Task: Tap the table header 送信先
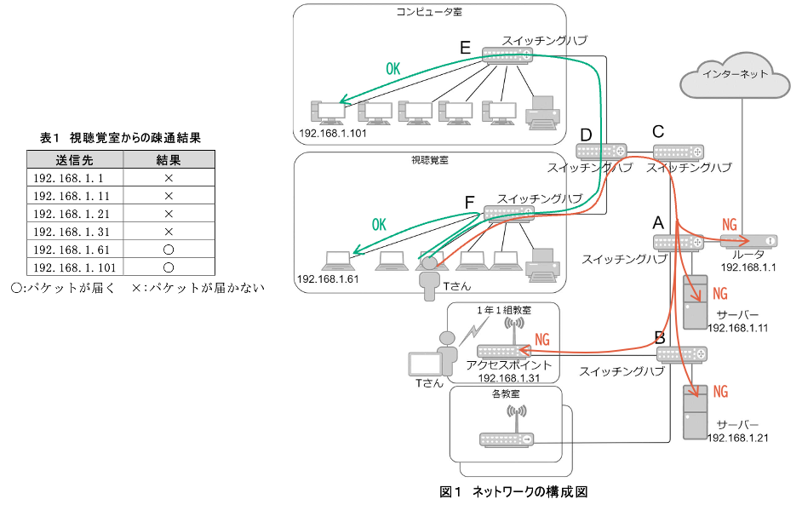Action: (74, 160)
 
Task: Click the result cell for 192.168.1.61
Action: (168, 250)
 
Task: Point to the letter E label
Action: (465, 48)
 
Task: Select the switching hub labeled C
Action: (679, 152)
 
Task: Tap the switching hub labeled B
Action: (682, 353)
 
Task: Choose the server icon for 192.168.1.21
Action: (695, 412)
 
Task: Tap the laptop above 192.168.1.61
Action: (336, 259)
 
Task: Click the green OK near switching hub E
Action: (392, 69)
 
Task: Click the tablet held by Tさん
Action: (426, 364)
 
